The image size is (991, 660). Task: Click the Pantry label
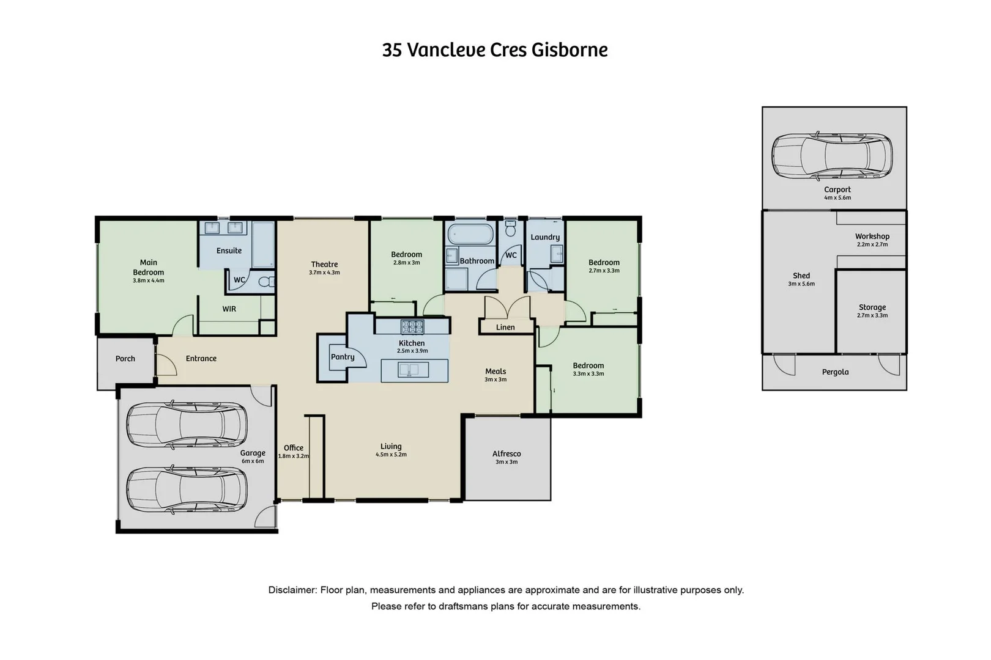pyautogui.click(x=343, y=357)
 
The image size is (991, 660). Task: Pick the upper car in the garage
pyautogui.click(x=187, y=425)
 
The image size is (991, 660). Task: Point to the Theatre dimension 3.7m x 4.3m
pyautogui.click(x=324, y=273)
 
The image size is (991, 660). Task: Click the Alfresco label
pyautogui.click(x=507, y=453)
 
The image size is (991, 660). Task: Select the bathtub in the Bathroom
pyautogui.click(x=470, y=235)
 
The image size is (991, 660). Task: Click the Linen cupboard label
pyautogui.click(x=505, y=327)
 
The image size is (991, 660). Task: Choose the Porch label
pyautogui.click(x=125, y=359)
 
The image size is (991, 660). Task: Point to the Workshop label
pyautogui.click(x=872, y=237)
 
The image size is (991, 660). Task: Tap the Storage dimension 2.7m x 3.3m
pyautogui.click(x=872, y=316)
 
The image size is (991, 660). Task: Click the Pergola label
pyautogui.click(x=835, y=372)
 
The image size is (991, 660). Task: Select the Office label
pyautogui.click(x=294, y=448)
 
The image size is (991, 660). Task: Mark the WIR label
pyautogui.click(x=229, y=309)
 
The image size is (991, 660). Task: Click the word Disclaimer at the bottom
pyautogui.click(x=292, y=590)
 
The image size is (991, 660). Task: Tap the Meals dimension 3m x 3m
pyautogui.click(x=495, y=380)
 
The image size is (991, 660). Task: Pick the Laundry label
pyautogui.click(x=545, y=237)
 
